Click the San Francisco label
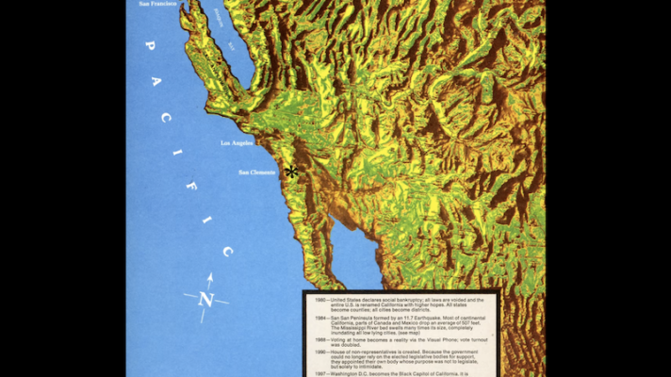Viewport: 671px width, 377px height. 156,4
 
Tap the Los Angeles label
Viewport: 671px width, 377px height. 237,143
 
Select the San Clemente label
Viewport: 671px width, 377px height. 256,172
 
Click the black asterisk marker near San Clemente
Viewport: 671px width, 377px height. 291,172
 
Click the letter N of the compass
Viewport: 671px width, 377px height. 206,301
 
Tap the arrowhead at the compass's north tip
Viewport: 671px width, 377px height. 209,277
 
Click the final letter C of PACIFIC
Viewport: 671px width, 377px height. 227,252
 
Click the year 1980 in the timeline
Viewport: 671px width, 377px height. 320,300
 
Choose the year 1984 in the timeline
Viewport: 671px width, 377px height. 320,319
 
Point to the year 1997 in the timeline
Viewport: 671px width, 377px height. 320,374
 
